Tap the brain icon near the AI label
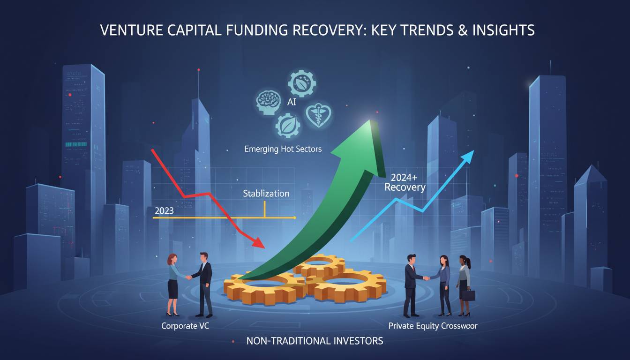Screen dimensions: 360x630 (x=268, y=101)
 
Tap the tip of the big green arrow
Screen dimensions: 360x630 (x=370, y=123)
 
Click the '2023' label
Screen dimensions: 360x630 (x=164, y=210)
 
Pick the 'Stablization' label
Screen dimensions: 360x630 (x=266, y=193)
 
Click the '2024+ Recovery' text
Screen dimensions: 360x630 (x=405, y=182)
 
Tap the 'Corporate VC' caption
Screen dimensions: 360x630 (x=185, y=325)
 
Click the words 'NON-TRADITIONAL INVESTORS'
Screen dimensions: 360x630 (x=315, y=341)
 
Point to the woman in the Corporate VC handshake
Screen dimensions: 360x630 (x=172, y=284)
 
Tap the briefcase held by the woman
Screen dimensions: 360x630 (x=469, y=295)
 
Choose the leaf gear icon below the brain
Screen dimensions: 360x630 (x=285, y=126)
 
